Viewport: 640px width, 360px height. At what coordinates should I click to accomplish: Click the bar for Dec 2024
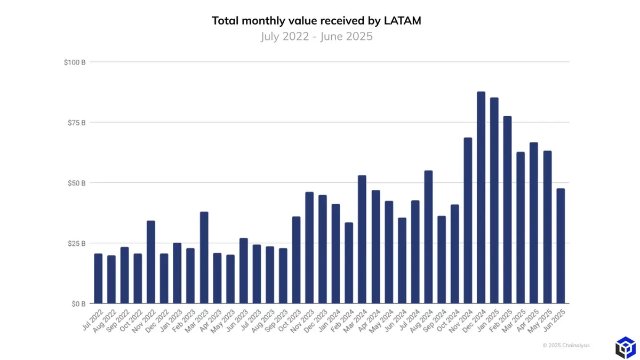click(x=481, y=197)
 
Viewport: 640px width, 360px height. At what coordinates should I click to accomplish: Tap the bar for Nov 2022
click(x=151, y=262)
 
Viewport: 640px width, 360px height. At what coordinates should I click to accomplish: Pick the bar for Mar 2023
click(x=204, y=258)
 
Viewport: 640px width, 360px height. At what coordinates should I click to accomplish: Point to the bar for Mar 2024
click(x=362, y=239)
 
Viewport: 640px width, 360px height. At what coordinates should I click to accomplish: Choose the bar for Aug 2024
click(x=428, y=237)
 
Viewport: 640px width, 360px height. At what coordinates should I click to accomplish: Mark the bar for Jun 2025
click(x=561, y=246)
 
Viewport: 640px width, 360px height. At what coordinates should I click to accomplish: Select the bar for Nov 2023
click(x=309, y=247)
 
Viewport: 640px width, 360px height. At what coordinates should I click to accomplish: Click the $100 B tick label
click(x=75, y=62)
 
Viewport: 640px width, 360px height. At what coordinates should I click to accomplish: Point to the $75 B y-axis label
click(x=76, y=123)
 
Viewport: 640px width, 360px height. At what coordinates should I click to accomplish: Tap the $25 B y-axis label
click(x=76, y=244)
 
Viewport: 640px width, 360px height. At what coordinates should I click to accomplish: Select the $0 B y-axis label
click(x=78, y=304)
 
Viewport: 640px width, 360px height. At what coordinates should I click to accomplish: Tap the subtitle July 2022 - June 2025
click(x=316, y=37)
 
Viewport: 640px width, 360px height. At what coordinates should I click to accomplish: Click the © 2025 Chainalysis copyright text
click(x=566, y=346)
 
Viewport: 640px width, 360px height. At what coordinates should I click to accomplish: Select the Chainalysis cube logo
click(x=625, y=348)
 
